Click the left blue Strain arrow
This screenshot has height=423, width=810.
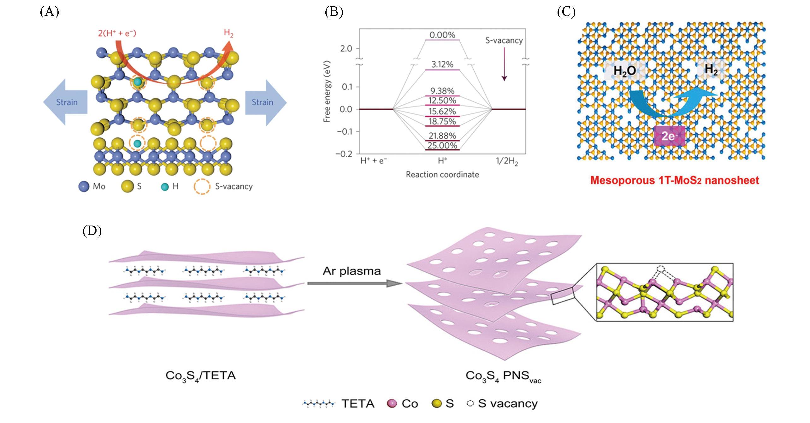click(x=66, y=102)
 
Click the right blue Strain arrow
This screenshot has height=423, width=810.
click(x=265, y=102)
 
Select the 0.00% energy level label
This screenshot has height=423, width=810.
click(x=442, y=35)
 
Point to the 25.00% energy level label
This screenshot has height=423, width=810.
click(x=442, y=146)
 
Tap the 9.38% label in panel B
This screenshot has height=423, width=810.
click(x=442, y=91)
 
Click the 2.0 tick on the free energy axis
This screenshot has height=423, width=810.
click(x=346, y=49)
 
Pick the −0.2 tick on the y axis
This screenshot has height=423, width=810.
click(x=344, y=154)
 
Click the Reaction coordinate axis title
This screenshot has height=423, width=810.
click(x=442, y=174)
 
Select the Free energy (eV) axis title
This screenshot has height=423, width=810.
click(x=327, y=92)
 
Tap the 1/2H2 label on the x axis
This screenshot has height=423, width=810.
click(x=507, y=161)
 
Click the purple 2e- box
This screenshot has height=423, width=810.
click(x=669, y=136)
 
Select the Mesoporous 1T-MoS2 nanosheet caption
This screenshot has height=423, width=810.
click(x=674, y=180)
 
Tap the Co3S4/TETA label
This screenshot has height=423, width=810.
click(x=201, y=376)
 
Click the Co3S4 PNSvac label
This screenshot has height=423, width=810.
click(x=503, y=376)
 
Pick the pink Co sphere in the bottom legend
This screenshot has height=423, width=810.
click(x=392, y=403)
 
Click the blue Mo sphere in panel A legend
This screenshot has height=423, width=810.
click(x=84, y=186)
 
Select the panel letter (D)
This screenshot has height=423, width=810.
click(x=92, y=231)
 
